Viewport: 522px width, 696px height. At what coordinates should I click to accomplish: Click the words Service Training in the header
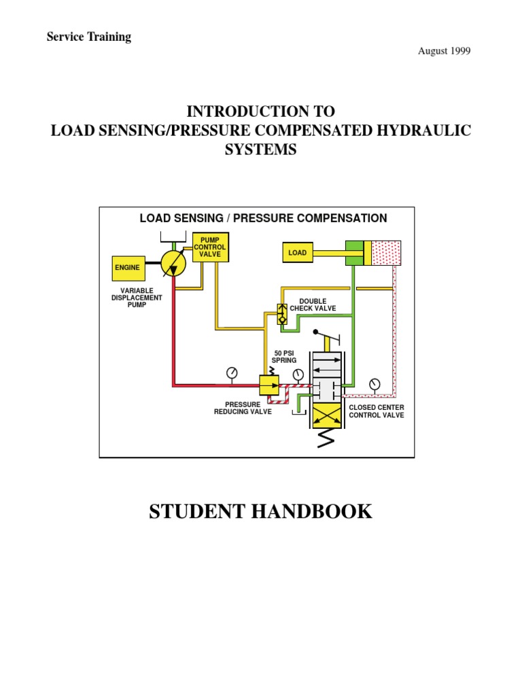(88, 37)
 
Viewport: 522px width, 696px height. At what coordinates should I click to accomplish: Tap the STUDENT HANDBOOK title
(260, 511)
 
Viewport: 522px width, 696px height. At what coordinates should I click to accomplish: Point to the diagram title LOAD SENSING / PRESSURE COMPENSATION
(263, 218)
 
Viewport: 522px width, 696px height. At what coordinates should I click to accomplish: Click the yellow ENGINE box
(127, 268)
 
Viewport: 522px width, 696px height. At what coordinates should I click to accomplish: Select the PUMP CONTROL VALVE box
(210, 247)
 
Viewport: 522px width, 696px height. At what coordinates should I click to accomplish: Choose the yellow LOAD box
(298, 253)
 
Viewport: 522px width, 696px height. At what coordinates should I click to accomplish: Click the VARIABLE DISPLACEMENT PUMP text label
(137, 298)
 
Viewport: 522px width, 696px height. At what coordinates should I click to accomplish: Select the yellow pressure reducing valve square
(269, 386)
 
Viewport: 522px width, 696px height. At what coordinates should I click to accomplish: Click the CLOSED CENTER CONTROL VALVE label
(376, 411)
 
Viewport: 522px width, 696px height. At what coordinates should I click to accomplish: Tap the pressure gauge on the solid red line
(232, 373)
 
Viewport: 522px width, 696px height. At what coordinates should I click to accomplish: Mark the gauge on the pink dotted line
(375, 385)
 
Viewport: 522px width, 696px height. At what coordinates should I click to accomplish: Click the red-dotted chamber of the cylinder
(385, 253)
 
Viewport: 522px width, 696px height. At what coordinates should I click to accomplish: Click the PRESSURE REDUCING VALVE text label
(243, 408)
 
